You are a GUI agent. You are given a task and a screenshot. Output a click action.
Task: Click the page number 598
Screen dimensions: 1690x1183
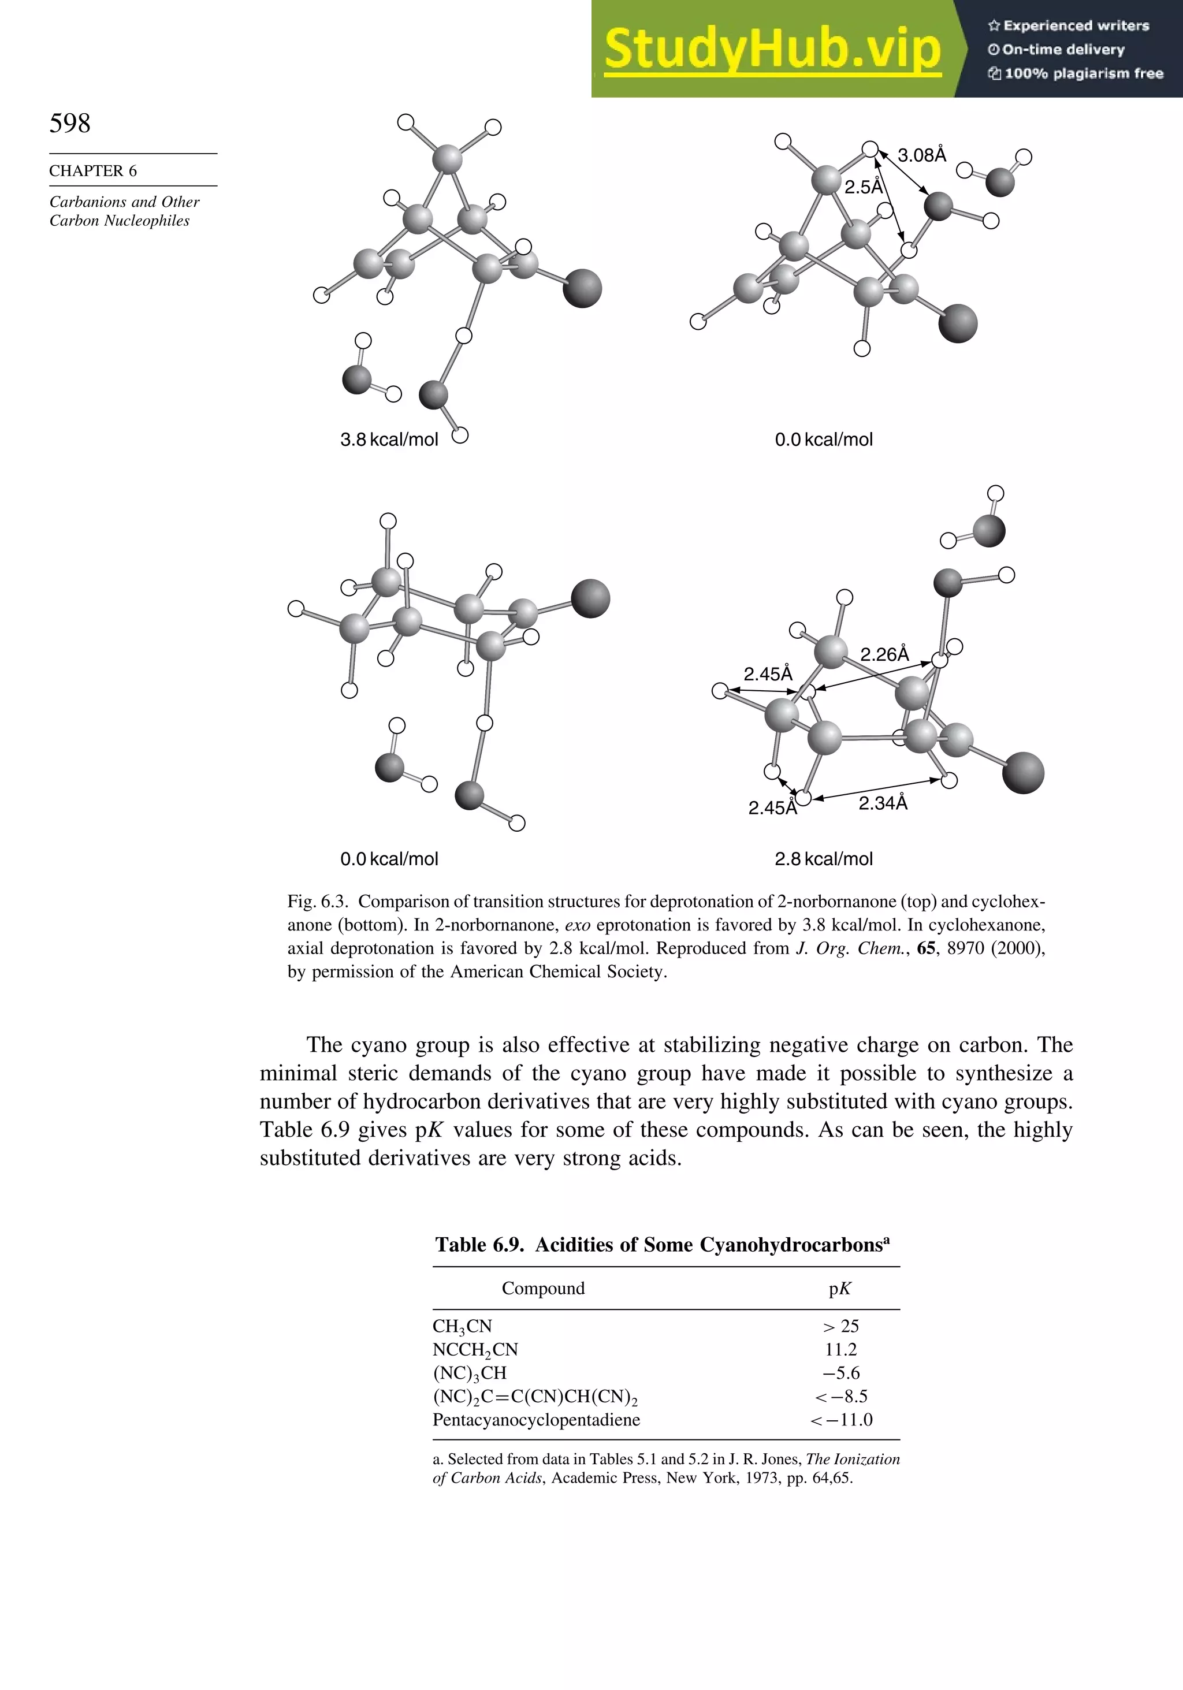coord(70,123)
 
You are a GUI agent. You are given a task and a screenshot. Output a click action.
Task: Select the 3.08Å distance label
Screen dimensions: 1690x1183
coord(922,155)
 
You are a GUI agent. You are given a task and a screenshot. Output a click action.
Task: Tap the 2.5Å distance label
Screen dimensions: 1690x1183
coord(863,187)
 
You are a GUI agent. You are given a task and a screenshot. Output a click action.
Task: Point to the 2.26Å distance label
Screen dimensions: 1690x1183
coord(884,654)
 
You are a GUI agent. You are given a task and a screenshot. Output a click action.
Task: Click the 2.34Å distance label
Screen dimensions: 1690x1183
coord(883,803)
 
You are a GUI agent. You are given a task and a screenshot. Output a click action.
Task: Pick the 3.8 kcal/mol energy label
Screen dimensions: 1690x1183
coord(389,440)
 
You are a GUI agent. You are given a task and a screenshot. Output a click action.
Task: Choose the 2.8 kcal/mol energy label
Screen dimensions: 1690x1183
coord(823,859)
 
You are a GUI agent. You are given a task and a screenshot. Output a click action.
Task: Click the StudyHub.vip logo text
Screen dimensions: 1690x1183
coord(772,49)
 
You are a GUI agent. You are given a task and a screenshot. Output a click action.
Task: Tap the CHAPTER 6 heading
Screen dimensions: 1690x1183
coord(93,171)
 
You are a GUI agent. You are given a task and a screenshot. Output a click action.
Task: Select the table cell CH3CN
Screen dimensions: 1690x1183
coord(462,1326)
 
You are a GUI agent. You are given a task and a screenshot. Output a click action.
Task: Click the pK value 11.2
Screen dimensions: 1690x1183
coord(840,1350)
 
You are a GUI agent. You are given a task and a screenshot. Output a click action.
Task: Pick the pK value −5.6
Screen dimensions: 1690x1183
coord(840,1373)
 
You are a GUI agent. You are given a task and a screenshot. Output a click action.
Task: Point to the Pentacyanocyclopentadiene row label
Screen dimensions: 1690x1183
coord(536,1420)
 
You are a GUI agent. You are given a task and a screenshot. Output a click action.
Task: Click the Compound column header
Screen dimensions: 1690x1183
coord(544,1288)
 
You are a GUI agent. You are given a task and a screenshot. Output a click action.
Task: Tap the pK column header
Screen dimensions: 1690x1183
coord(840,1289)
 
